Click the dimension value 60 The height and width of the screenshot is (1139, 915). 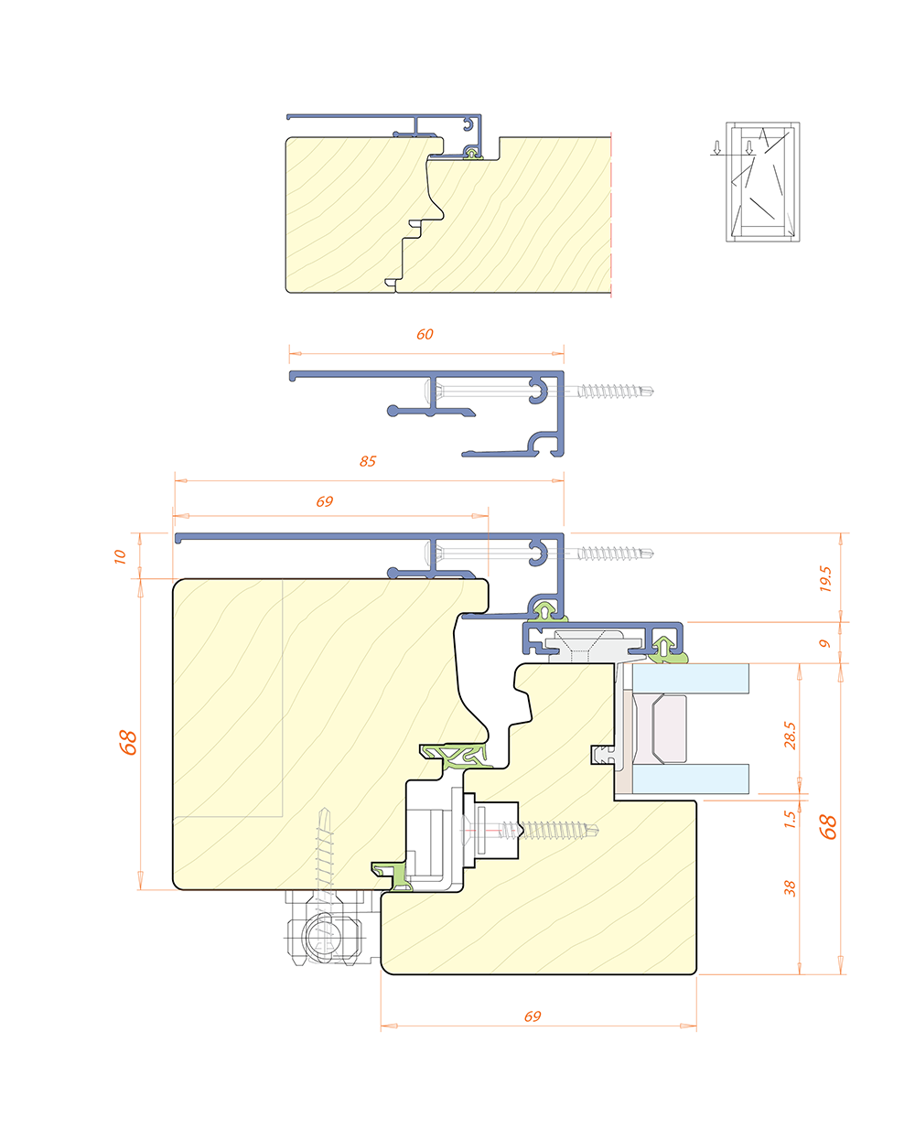(x=425, y=335)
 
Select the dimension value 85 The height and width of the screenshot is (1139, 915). (x=368, y=461)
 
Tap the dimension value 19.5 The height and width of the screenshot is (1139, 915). (x=825, y=578)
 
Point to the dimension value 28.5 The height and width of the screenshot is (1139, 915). (x=790, y=736)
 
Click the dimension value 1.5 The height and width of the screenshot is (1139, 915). (x=790, y=820)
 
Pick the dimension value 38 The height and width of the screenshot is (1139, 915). (x=790, y=888)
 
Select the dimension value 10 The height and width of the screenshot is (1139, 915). (x=120, y=557)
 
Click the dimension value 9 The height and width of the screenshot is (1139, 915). (x=825, y=643)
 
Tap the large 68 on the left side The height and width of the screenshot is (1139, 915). (x=128, y=743)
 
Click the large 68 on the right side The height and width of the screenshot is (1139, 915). (x=828, y=827)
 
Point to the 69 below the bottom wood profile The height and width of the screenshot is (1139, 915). (x=533, y=1016)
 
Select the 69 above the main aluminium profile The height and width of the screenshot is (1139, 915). (x=325, y=501)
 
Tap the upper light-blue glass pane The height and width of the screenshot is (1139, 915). (x=691, y=679)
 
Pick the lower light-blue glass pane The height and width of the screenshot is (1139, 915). (x=691, y=779)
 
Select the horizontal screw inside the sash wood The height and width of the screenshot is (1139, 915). (x=530, y=830)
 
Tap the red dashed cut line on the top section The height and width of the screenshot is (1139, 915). (x=611, y=214)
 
